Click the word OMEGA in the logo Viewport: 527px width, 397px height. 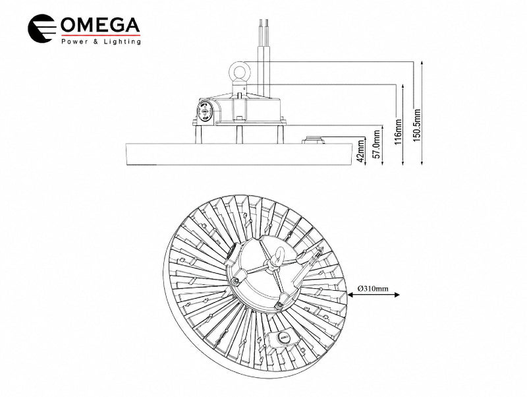[100, 25]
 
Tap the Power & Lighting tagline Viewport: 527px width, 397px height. [101, 42]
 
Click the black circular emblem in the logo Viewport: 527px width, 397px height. [42, 28]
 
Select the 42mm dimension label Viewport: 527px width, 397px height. [360, 152]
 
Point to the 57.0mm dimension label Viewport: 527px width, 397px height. [377, 144]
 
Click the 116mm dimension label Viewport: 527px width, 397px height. [399, 131]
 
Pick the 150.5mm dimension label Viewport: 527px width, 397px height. [417, 125]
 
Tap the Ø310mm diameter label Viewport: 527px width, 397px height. [373, 288]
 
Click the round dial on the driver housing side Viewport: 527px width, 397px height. [205, 111]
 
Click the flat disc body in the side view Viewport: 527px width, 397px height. [239, 154]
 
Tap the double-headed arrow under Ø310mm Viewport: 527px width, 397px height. [374, 295]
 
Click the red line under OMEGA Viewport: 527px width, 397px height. [101, 35]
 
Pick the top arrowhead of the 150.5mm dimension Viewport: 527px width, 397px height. [422, 64]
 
